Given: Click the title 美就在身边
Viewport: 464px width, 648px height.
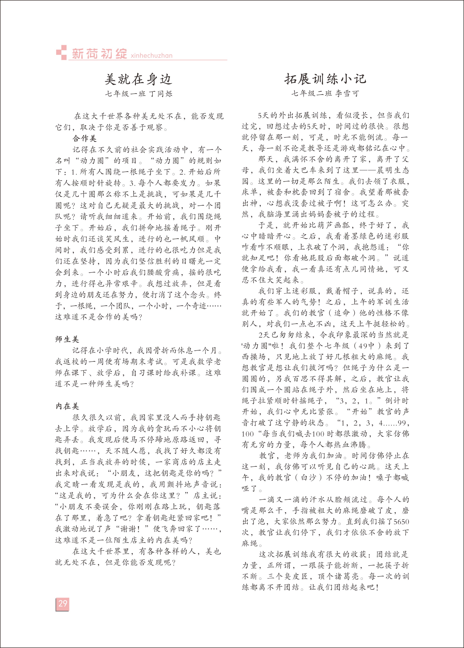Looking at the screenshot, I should click(x=138, y=79).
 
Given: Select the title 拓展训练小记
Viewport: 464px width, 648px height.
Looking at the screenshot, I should click(x=325, y=79).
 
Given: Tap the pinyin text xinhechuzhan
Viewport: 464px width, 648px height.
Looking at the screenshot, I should click(x=152, y=55).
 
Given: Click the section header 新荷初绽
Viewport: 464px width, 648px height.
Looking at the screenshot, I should click(x=99, y=54).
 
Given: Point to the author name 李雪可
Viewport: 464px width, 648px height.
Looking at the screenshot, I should click(x=347, y=93).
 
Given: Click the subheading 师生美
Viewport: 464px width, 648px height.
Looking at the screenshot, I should click(x=67, y=339).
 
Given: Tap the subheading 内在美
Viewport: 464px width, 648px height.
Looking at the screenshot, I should click(x=67, y=406).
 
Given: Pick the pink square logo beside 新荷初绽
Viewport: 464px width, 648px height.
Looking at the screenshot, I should click(x=61, y=52).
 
